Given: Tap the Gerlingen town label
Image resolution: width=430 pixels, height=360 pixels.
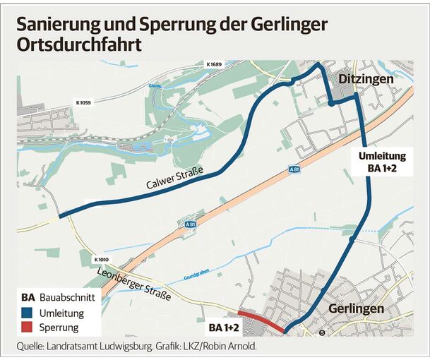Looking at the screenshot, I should pos(356,309).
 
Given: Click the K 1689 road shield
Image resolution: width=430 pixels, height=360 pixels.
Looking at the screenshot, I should pos(214,65).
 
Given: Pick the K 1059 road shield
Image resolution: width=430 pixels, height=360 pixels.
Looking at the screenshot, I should pos(83,103).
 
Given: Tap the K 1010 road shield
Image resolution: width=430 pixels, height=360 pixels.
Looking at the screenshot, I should pos(102,260).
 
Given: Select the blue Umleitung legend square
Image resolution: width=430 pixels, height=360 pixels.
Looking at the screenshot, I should pos(29,313).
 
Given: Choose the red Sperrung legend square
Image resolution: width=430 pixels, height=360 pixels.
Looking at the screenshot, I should pos(29,328).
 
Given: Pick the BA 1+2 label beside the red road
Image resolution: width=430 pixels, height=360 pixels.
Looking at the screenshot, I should pos(225,328).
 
